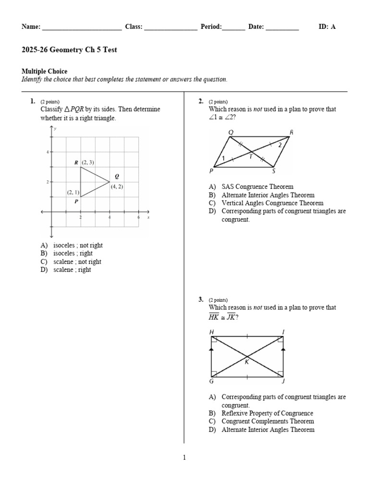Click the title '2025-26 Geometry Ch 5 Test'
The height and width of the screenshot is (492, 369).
[69, 50]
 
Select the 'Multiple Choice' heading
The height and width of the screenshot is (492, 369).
[44, 72]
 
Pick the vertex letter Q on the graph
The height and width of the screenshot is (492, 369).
[117, 176]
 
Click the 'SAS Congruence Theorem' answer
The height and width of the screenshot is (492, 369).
[257, 187]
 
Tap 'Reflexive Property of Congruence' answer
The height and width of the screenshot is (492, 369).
[267, 413]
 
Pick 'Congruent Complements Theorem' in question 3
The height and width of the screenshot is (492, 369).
[268, 421]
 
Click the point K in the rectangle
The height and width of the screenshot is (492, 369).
[247, 362]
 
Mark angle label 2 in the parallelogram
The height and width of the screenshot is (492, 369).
[280, 145]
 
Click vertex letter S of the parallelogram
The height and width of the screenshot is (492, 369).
[273, 171]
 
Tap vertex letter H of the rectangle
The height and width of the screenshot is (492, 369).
[211, 332]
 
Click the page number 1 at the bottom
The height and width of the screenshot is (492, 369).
[184, 458]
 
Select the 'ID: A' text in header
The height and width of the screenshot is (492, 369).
[327, 27]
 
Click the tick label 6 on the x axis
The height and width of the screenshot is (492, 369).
[138, 217]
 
